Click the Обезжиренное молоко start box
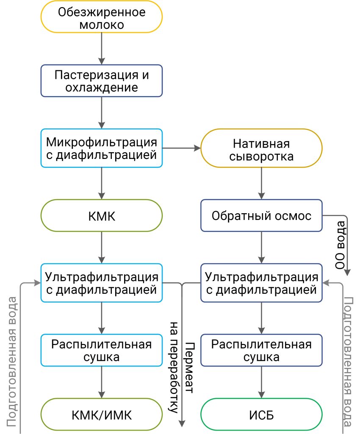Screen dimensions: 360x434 [102, 17]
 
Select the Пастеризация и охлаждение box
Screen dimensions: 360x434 [102, 81]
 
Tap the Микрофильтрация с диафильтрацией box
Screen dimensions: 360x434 [102, 148]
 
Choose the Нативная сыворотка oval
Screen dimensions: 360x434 [261, 148]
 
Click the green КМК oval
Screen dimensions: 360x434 [102, 215]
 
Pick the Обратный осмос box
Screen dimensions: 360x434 [261, 215]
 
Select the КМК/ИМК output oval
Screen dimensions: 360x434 [102, 415]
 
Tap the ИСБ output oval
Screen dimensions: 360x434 [261, 415]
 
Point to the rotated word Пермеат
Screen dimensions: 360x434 [189, 367]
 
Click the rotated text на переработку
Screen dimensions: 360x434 [174, 367]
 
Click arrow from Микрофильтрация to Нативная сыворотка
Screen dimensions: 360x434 [181, 148]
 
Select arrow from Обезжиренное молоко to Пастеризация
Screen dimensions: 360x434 [102, 49]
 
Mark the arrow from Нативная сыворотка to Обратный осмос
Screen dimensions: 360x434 [261, 183]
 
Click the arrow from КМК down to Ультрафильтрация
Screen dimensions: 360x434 [102, 248]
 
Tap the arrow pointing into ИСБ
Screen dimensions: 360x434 [261, 382]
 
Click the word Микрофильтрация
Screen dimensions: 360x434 [102, 142]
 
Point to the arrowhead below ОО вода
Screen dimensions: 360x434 [347, 272]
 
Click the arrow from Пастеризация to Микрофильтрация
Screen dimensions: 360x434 [102, 113]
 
